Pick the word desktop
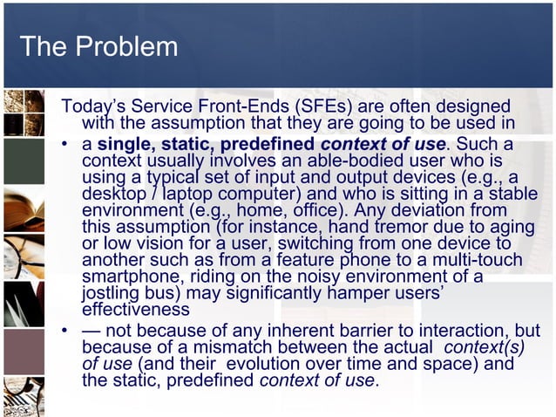[x=111, y=195]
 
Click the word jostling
[x=109, y=294]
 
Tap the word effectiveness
[x=135, y=310]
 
